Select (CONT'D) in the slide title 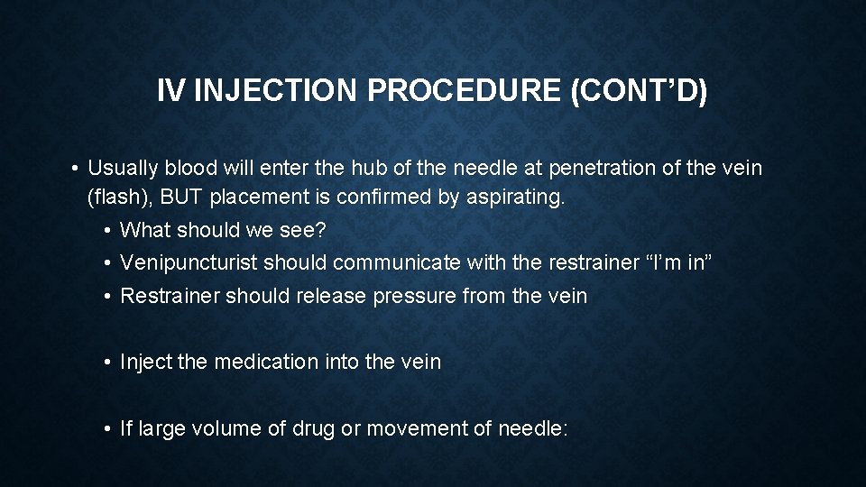tap(640, 91)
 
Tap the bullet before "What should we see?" tap(106, 230)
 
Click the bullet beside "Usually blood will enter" tap(75, 168)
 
